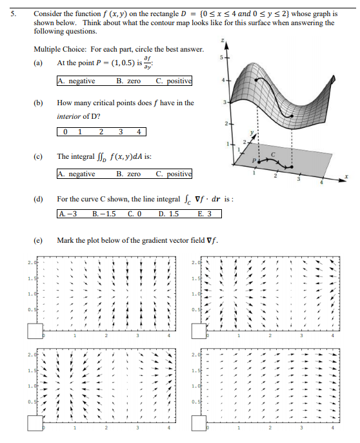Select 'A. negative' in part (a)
77,81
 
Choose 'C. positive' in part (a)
174,81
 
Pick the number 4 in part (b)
138,132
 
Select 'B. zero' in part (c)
128,174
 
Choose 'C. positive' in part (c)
174,174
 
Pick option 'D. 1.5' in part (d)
169,214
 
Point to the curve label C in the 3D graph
273,153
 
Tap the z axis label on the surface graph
223,40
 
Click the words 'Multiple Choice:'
55,50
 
